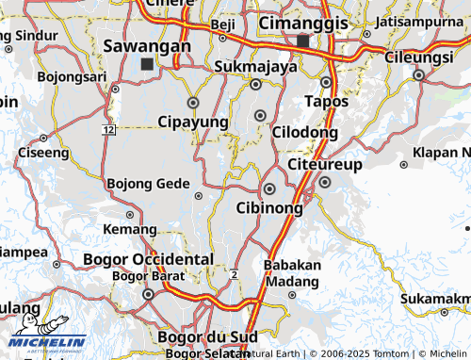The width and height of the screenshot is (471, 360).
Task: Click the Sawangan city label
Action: (x=147, y=45)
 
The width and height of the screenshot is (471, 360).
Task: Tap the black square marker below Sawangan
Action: (x=147, y=64)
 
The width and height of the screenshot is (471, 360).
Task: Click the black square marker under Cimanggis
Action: (x=302, y=41)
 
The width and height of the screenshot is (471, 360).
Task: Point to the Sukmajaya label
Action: (x=255, y=67)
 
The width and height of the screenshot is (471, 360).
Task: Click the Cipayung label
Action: (x=193, y=123)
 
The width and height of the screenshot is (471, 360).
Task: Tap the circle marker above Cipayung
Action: (x=193, y=102)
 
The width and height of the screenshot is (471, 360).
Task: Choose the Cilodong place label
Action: (x=304, y=133)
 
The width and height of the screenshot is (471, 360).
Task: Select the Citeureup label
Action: (x=324, y=165)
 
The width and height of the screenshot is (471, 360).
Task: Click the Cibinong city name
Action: (x=269, y=207)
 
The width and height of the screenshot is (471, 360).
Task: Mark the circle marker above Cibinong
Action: (x=269, y=188)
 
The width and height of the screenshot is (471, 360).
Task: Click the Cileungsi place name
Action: (x=419, y=57)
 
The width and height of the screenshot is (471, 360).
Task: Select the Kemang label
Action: (x=130, y=229)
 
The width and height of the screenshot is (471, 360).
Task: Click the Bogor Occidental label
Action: (x=148, y=258)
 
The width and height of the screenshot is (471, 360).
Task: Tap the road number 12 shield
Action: (x=110, y=128)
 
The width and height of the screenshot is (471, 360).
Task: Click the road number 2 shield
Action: (x=233, y=273)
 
